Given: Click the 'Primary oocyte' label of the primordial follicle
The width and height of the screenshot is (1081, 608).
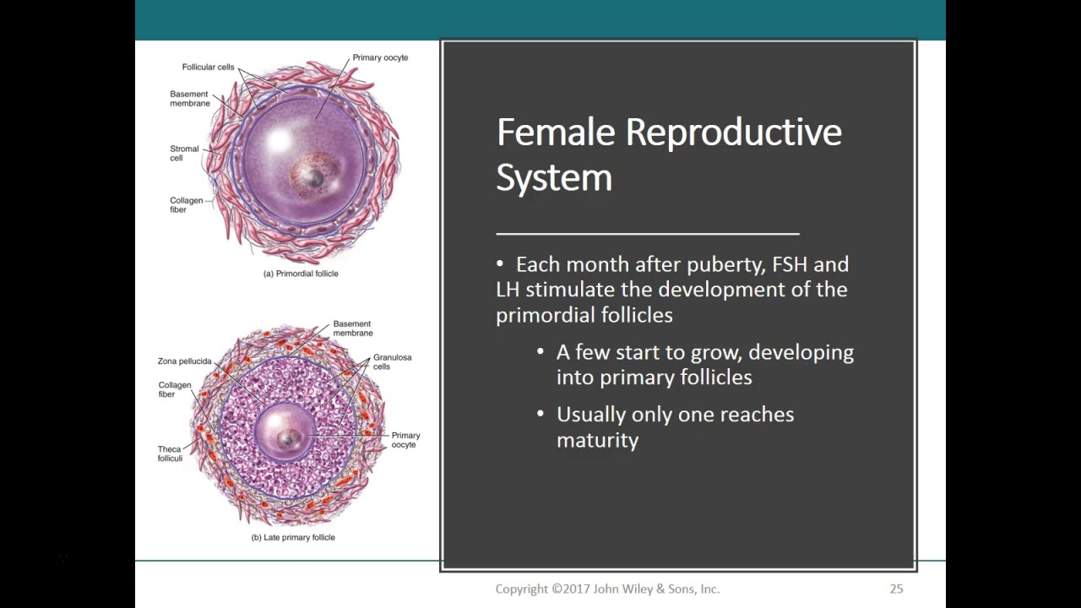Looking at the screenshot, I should pyautogui.click(x=380, y=57).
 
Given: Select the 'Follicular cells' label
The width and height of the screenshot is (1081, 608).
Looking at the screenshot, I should pyautogui.click(x=208, y=67).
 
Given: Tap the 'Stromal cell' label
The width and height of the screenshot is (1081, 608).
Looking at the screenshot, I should pyautogui.click(x=184, y=153).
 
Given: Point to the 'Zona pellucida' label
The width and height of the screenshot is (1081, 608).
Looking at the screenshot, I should pyautogui.click(x=184, y=361).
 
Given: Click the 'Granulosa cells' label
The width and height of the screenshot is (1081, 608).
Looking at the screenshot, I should pyautogui.click(x=392, y=362).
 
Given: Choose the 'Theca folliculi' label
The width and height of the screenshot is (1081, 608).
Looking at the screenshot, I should pyautogui.click(x=170, y=453).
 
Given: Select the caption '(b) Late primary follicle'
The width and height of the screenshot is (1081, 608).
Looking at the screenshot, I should pyautogui.click(x=293, y=537).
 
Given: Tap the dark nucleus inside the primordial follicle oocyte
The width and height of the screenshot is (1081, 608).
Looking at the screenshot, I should pyautogui.click(x=314, y=177).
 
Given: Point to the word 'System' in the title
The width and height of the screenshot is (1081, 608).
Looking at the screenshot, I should pyautogui.click(x=553, y=177).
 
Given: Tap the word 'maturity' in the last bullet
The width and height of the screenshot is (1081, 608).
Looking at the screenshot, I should pyautogui.click(x=597, y=440).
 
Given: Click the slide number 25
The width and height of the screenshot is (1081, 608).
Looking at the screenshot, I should pyautogui.click(x=896, y=589).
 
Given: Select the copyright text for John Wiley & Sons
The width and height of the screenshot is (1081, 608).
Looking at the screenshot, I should pyautogui.click(x=607, y=589).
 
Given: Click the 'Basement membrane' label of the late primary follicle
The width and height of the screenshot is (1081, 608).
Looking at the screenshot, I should pyautogui.click(x=352, y=328).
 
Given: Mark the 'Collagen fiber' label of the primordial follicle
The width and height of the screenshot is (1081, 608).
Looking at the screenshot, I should pyautogui.click(x=186, y=204).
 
